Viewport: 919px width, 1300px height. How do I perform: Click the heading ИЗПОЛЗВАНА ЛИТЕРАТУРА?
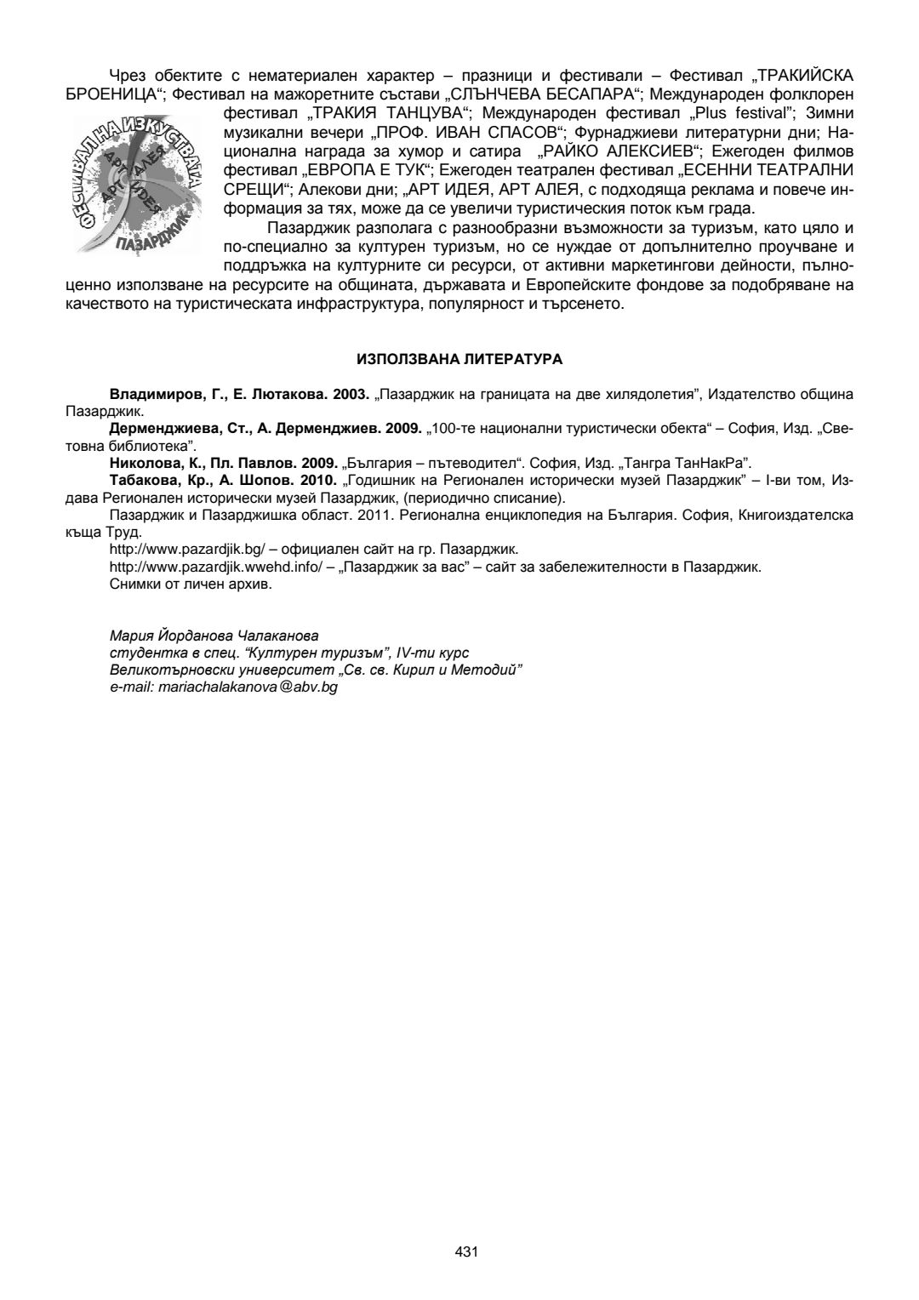click(459, 360)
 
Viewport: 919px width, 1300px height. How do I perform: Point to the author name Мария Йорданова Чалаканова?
click(214, 636)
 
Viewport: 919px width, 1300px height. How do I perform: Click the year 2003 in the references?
click(349, 395)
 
